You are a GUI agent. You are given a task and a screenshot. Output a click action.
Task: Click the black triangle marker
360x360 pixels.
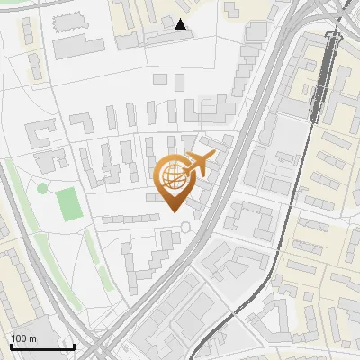181,25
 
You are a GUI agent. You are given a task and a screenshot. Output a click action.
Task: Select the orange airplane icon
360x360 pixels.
199,163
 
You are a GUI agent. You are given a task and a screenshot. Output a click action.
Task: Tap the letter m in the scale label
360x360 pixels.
33,338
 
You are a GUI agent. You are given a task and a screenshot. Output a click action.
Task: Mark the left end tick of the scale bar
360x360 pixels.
11,345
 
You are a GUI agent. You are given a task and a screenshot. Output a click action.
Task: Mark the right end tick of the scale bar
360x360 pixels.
74,345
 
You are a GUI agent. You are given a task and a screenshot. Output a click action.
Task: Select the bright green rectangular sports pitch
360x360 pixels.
69,204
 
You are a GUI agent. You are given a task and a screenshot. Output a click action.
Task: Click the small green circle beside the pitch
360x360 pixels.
41,188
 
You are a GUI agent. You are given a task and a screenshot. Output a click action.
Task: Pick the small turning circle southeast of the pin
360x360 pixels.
186,227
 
